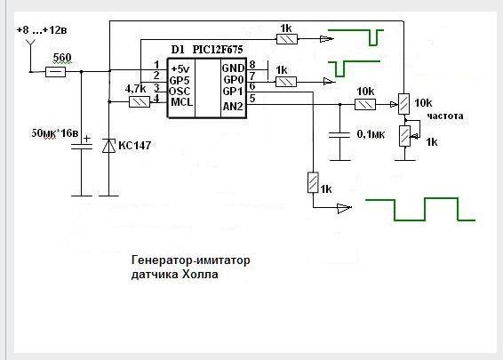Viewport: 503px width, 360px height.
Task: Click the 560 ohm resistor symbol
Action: (x=55, y=72)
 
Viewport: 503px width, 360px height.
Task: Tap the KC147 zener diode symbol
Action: (x=108, y=146)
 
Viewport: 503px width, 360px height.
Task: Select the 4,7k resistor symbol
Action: (x=140, y=102)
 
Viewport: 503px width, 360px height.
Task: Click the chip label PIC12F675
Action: (x=218, y=50)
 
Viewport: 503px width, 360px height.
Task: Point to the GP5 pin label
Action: (x=180, y=81)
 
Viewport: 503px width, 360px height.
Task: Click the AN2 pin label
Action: (x=233, y=106)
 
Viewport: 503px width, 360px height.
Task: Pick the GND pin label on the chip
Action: (x=233, y=68)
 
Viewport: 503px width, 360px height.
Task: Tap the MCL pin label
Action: (x=182, y=102)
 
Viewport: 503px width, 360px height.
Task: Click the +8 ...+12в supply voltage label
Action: (x=42, y=30)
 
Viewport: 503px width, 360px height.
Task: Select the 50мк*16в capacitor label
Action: (x=55, y=133)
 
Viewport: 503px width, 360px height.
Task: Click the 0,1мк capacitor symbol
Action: (x=339, y=134)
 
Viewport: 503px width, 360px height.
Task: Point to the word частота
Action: (x=445, y=116)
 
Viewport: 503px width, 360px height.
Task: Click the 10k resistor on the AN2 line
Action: (x=365, y=105)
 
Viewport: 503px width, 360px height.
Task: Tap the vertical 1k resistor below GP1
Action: (x=313, y=182)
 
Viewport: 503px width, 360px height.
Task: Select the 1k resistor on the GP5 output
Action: (x=287, y=39)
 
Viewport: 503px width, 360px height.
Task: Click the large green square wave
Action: (x=420, y=210)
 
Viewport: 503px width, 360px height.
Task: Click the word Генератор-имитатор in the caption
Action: (x=190, y=260)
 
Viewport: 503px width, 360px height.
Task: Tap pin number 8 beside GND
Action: (x=252, y=65)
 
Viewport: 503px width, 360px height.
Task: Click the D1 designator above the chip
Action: (x=178, y=50)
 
